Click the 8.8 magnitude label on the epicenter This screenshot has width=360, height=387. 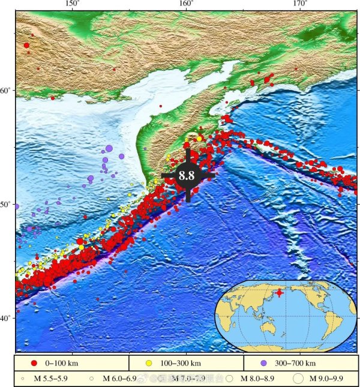(x=187, y=176)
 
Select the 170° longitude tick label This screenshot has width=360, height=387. (x=300, y=4)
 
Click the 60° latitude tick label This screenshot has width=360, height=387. (x=6, y=91)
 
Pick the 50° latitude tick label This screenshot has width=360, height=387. (x=6, y=205)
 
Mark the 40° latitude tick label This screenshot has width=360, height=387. (x=6, y=318)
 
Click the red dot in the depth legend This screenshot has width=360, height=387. (x=34, y=363)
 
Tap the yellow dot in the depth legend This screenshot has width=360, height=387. (x=148, y=363)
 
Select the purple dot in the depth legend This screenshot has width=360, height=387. (x=262, y=363)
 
